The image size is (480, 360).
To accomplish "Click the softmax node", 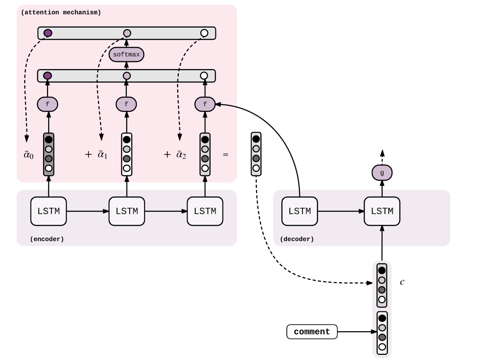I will tap(126, 54).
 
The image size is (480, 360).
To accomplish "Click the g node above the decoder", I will tap(382, 173).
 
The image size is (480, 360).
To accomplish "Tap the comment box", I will tap(312, 332).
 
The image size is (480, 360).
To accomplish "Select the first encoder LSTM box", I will tap(49, 211).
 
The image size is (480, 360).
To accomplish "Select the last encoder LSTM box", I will tap(205, 211).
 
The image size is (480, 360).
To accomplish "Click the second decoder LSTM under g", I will tap(382, 211).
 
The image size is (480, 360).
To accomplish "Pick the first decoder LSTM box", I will tap(299, 211).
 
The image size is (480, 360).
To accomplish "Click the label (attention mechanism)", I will tap(61, 13).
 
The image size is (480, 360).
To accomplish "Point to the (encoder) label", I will tap(47, 239).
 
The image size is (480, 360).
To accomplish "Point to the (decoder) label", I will tap(297, 239).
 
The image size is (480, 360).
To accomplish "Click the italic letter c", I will tap(402, 282).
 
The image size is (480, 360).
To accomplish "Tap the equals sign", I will tap(226, 155).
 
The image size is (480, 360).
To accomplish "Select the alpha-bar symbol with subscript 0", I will tap(28, 155).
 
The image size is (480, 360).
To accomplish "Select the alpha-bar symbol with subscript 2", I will tap(181, 155).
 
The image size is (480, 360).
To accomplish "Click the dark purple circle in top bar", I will tap(48, 33).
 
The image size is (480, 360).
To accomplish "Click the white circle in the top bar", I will tap(204, 33).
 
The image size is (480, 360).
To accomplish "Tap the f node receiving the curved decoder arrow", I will tap(205, 105).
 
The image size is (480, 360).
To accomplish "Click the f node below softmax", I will tap(126, 105).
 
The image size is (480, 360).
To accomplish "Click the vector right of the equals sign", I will tap(256, 154).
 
